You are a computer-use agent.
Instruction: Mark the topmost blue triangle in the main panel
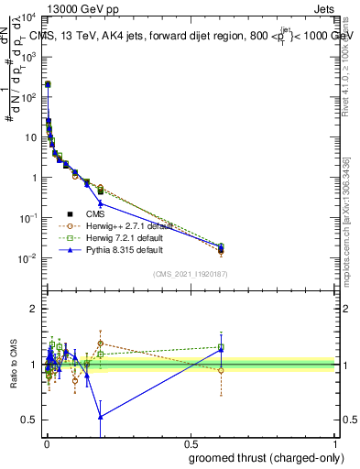click(48, 84)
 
